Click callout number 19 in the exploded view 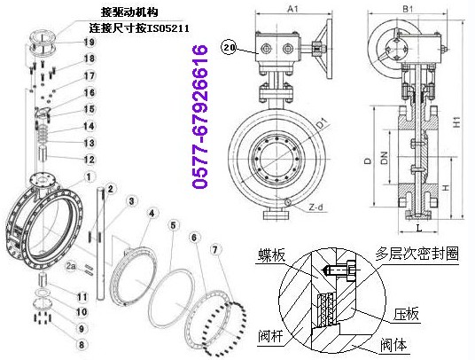(89, 43)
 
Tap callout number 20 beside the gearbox (230, 51)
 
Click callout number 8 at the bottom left (82, 342)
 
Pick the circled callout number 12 (89, 159)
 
